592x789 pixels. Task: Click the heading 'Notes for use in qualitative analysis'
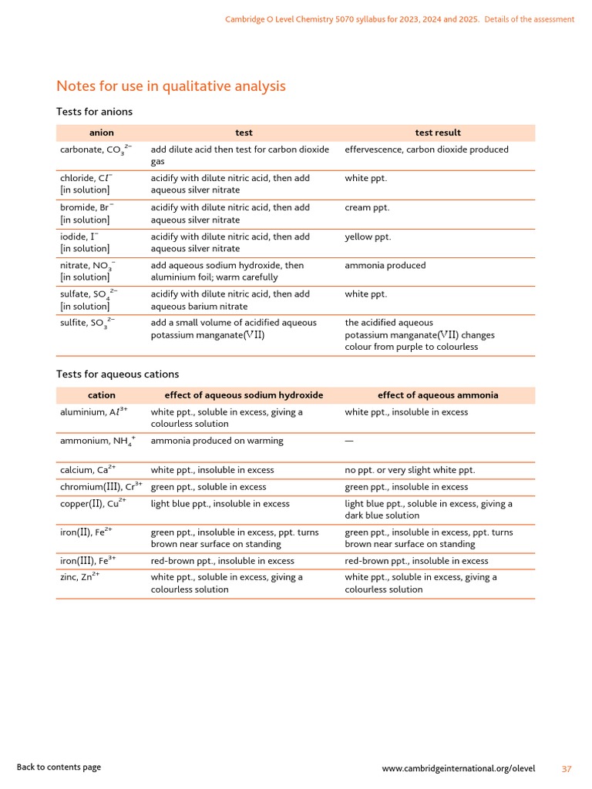tap(171, 86)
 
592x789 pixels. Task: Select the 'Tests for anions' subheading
tap(94, 112)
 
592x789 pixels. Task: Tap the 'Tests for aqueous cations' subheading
tap(117, 374)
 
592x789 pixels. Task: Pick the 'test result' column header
tap(438, 133)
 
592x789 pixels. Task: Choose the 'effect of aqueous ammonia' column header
tap(438, 395)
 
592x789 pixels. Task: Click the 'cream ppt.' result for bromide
tap(367, 207)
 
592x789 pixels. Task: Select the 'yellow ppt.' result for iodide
tap(368, 237)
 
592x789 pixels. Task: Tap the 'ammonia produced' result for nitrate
tap(385, 265)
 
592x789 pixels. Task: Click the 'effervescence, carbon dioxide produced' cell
tap(426, 149)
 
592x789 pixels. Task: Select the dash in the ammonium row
tap(349, 441)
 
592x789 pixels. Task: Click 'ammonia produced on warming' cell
tap(217, 441)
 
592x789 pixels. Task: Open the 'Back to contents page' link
tap(59, 767)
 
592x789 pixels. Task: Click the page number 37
tap(567, 769)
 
